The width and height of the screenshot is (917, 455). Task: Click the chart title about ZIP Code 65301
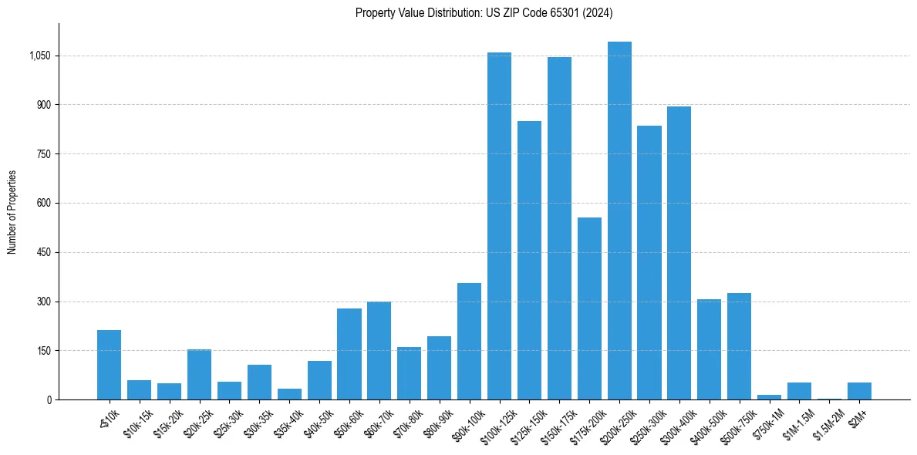(484, 12)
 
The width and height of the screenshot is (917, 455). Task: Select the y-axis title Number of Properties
(12, 212)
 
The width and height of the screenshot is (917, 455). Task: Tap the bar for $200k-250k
(619, 221)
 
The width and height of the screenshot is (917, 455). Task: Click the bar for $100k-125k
(499, 226)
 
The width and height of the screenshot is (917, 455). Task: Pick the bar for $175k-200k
(589, 308)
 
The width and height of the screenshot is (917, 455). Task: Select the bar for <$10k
(109, 365)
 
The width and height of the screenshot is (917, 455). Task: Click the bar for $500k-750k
(739, 346)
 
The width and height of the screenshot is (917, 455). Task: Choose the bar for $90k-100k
(469, 341)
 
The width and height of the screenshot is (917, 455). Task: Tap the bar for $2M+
(859, 391)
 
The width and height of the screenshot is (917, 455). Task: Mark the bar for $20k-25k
(199, 374)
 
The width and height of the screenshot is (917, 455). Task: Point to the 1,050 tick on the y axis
(39, 56)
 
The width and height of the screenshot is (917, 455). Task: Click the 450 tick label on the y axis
(43, 252)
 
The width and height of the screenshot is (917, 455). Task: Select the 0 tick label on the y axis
(48, 399)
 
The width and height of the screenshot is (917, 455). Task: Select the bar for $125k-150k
(529, 260)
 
